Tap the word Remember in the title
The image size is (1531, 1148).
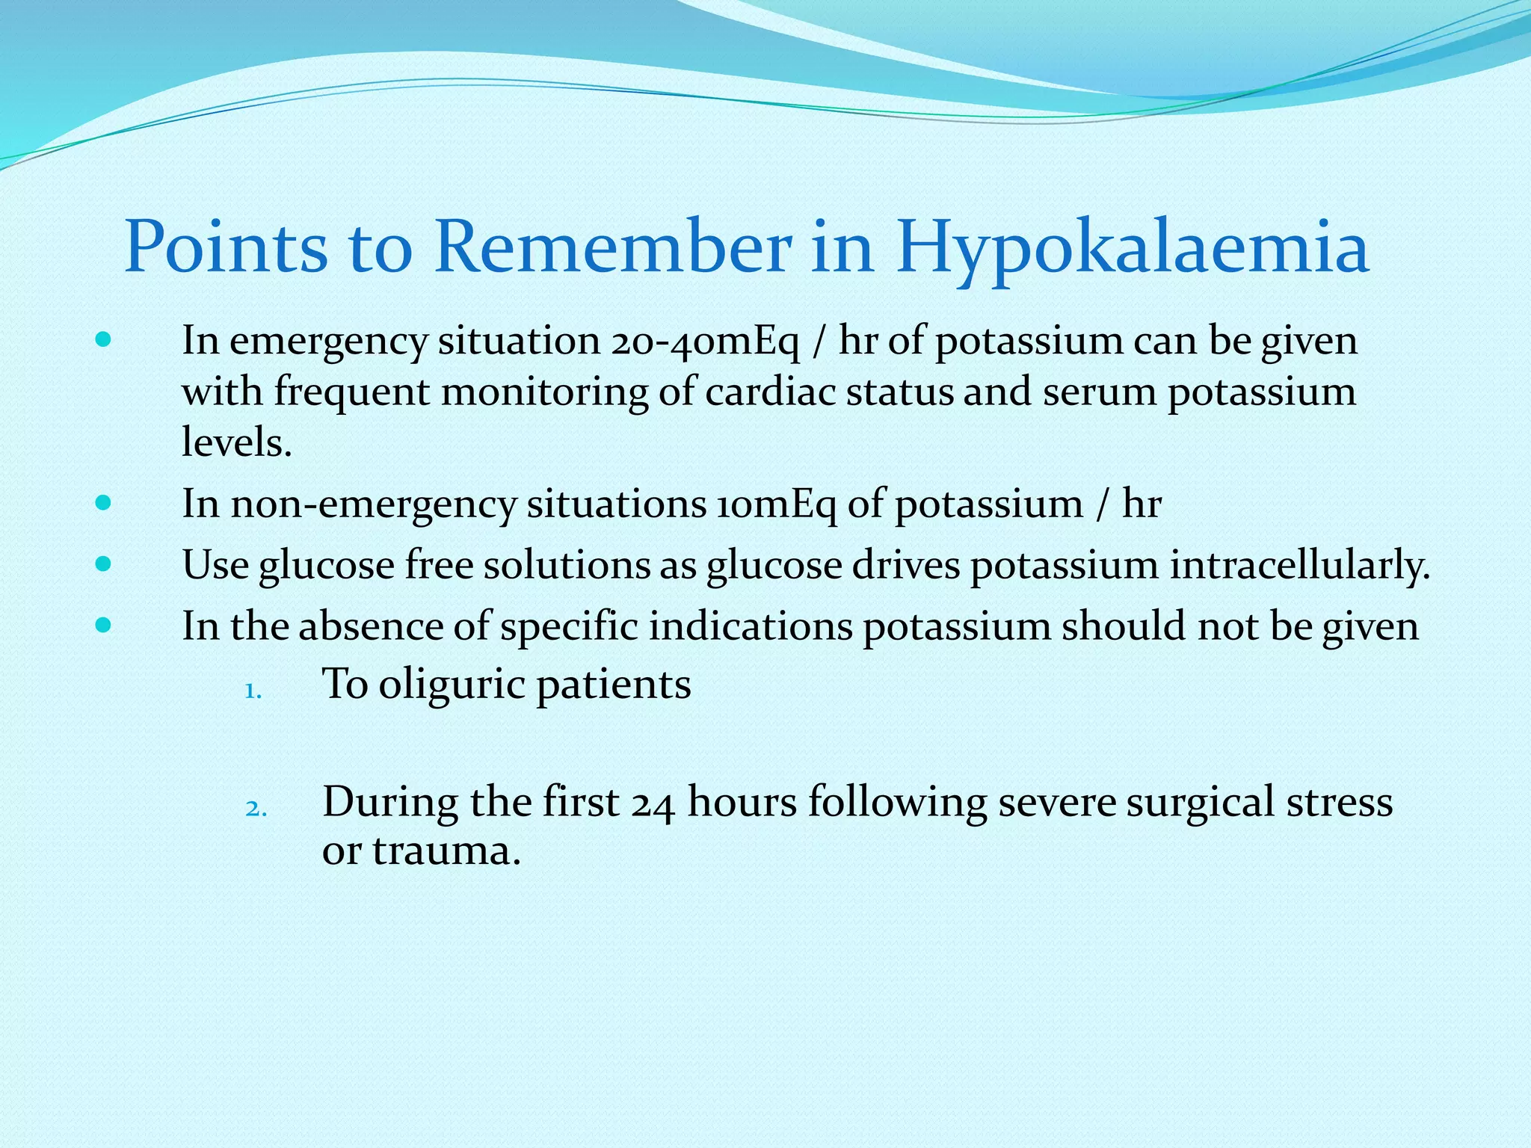[613, 247]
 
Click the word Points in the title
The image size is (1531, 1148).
[226, 247]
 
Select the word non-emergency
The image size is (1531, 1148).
[373, 504]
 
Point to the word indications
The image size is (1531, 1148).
[750, 626]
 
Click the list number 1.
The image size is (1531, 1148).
[253, 691]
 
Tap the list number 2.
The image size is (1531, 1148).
[255, 809]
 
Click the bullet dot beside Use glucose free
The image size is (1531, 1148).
[104, 564]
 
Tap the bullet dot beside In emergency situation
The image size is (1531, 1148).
[104, 340]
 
